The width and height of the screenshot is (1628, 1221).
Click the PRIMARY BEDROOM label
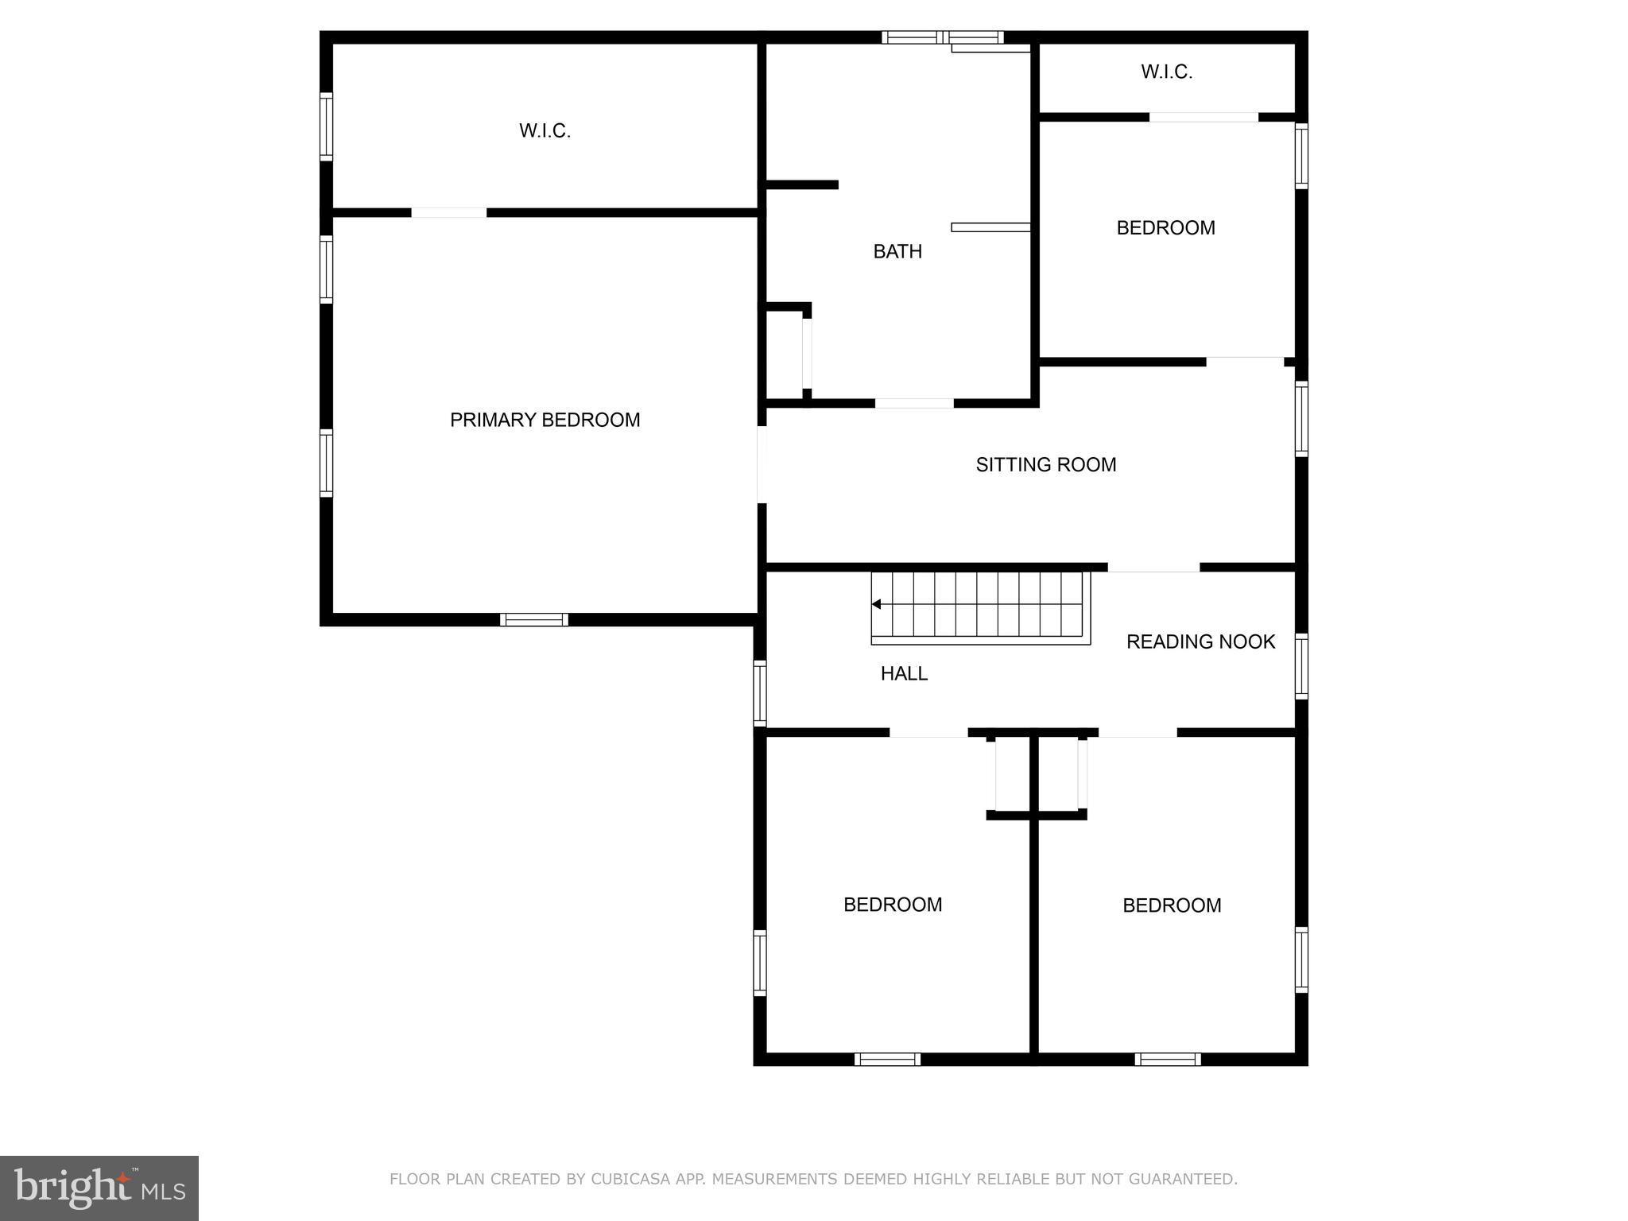(x=545, y=420)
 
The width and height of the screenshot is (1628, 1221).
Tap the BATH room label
(x=897, y=251)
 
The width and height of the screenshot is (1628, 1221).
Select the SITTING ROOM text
(x=1046, y=464)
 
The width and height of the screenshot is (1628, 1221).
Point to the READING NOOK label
(x=1200, y=642)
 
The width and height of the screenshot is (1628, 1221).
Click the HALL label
(x=904, y=673)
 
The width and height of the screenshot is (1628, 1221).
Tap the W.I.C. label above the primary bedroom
(x=545, y=130)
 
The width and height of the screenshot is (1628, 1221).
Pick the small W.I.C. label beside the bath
(x=1166, y=72)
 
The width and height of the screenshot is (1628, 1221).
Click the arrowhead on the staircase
(x=876, y=604)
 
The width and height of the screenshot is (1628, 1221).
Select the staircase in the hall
(x=981, y=608)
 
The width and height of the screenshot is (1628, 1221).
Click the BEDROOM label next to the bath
(x=1165, y=228)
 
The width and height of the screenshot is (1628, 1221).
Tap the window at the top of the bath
(x=943, y=37)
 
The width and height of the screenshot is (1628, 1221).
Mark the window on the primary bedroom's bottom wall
(x=534, y=620)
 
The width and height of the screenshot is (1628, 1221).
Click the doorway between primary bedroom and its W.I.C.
(x=448, y=212)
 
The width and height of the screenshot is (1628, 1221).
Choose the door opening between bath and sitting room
(x=914, y=403)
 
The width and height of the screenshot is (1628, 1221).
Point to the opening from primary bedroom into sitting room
(x=762, y=465)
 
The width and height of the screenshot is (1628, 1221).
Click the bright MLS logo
(x=99, y=1188)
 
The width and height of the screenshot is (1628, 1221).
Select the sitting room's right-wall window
(x=1301, y=419)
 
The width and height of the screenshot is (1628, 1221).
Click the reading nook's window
(x=1301, y=666)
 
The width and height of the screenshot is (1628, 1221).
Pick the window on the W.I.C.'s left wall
(x=326, y=126)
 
